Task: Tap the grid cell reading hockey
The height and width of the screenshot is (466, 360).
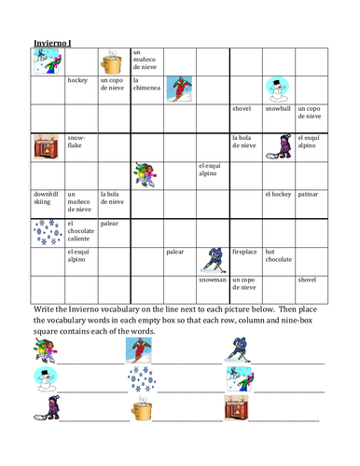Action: click(x=79, y=81)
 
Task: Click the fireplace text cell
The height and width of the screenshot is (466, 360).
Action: click(x=245, y=251)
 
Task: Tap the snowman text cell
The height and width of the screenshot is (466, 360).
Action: click(x=213, y=279)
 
